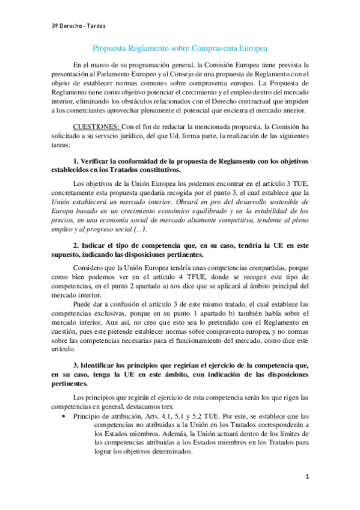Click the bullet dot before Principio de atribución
(64, 415)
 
